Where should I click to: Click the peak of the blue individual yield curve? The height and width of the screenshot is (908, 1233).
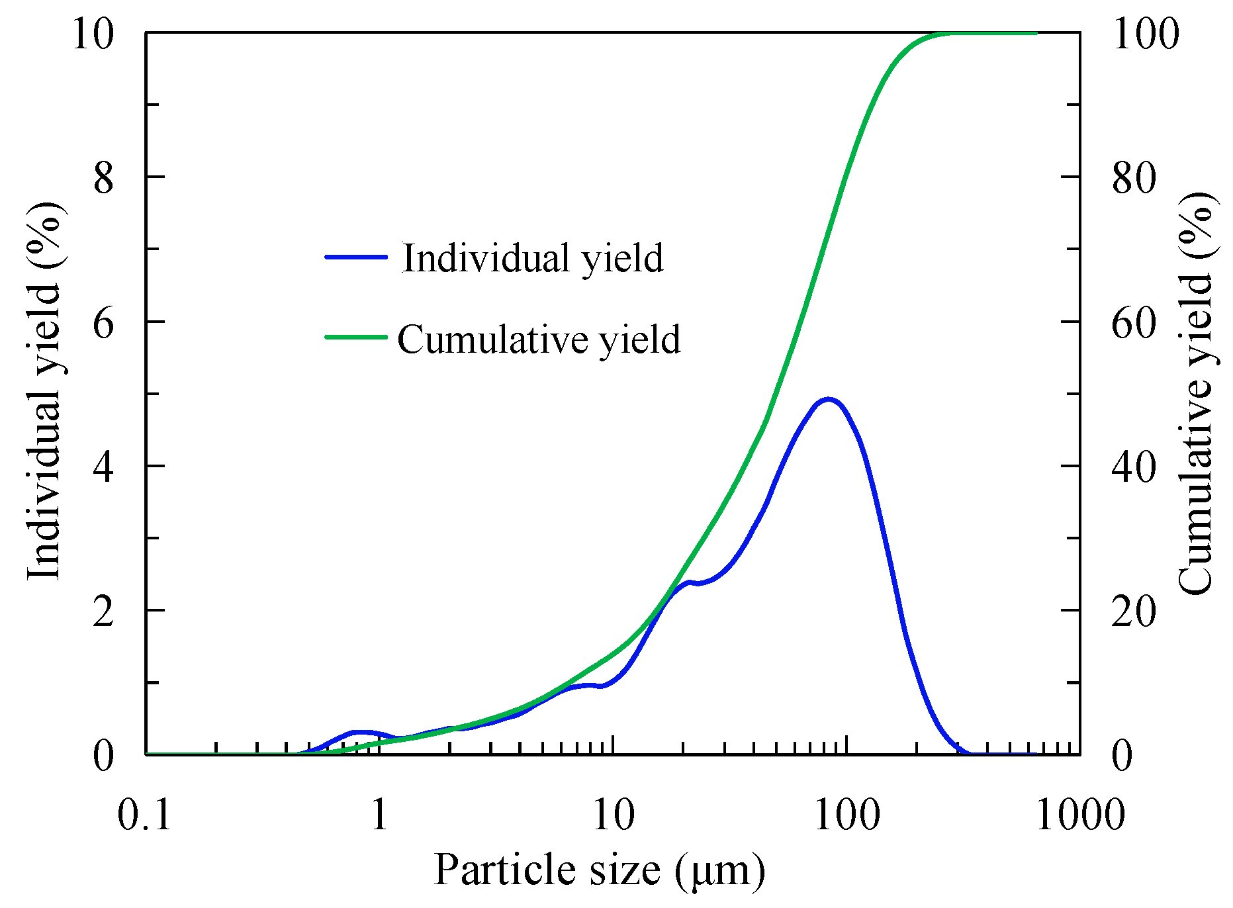[x=828, y=399]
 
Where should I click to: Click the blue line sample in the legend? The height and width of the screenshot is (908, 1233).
[x=356, y=257]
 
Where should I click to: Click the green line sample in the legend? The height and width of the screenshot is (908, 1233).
[x=356, y=337]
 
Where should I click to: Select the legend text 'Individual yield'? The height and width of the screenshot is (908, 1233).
[x=533, y=258]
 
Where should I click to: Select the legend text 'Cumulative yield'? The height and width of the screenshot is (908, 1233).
[x=539, y=340]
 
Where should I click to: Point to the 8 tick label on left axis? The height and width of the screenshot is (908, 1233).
[x=103, y=178]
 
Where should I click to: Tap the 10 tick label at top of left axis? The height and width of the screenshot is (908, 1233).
[x=93, y=34]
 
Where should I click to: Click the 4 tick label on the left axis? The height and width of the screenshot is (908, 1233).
[x=103, y=467]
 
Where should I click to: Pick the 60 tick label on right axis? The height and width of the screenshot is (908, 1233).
[x=1134, y=322]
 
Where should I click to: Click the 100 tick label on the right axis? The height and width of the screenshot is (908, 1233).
[x=1146, y=34]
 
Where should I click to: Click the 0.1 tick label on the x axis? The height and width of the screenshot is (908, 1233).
[x=145, y=814]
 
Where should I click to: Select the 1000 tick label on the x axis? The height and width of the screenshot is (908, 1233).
[x=1080, y=814]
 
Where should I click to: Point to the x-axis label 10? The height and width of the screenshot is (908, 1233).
[x=614, y=814]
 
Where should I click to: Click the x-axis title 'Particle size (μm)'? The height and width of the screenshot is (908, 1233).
[x=600, y=870]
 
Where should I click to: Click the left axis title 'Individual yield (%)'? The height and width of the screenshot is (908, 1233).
[x=44, y=392]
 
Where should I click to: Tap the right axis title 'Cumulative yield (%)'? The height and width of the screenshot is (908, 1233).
[x=1196, y=393]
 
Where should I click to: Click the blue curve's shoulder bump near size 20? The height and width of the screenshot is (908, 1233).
[x=689, y=582]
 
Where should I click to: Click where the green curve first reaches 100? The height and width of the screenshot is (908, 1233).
[x=953, y=33]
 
